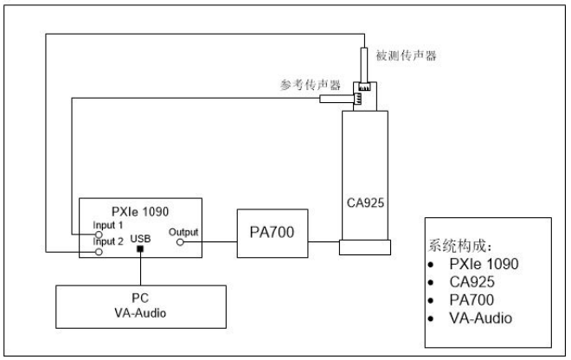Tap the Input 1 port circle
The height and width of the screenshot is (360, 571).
pyautogui.click(x=99, y=235)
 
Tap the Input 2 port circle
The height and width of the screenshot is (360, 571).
pyautogui.click(x=99, y=253)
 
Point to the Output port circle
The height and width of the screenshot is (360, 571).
pyautogui.click(x=179, y=243)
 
